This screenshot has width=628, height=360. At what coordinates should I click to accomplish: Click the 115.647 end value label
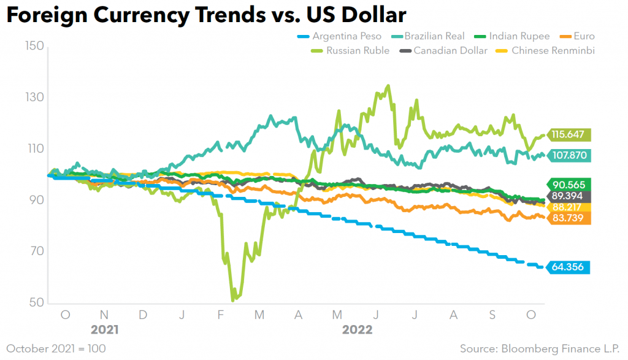tap(569, 134)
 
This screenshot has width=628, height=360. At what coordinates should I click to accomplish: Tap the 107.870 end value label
tap(569, 156)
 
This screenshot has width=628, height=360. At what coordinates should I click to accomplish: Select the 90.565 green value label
tap(569, 185)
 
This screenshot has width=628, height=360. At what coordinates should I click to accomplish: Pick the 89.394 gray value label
tap(569, 196)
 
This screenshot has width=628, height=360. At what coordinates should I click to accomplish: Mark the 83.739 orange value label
tap(569, 218)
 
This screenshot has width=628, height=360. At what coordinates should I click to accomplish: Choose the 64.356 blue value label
tap(569, 267)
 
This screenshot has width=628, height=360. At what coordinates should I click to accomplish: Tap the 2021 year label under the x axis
tap(105, 329)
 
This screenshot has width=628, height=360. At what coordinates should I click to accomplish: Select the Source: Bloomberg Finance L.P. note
tap(540, 348)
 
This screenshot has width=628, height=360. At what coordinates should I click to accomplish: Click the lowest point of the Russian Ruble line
tap(233, 301)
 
